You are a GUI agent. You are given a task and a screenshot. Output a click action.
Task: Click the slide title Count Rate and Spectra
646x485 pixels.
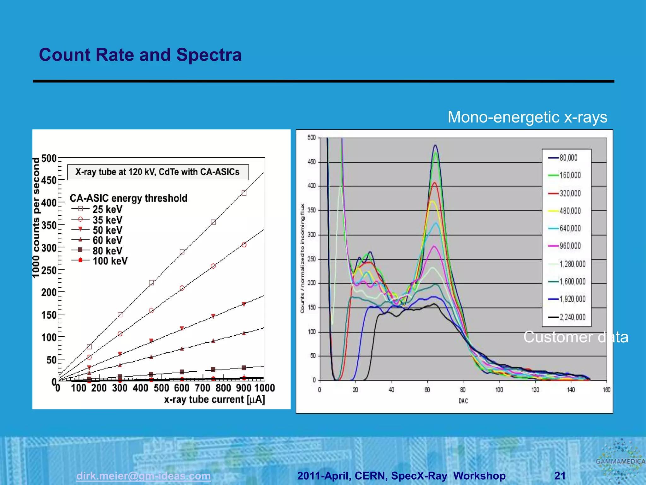(x=140, y=55)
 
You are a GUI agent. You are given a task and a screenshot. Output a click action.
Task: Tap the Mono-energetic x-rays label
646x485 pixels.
(x=527, y=117)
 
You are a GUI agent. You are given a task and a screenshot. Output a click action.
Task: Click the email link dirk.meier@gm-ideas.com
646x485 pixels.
(x=143, y=476)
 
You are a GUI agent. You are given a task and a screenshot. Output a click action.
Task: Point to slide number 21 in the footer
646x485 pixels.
(x=560, y=476)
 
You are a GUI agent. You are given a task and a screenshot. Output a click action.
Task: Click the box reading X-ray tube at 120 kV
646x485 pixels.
(x=158, y=172)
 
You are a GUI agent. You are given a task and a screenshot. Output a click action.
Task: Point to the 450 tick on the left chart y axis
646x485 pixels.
(x=49, y=180)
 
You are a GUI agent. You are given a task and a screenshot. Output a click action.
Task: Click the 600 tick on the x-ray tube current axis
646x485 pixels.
(x=182, y=388)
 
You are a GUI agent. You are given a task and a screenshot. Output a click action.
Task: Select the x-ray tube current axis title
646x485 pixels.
(x=214, y=400)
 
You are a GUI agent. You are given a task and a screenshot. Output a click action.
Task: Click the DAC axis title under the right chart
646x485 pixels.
(x=463, y=401)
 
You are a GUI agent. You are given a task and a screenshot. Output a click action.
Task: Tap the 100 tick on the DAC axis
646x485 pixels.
(x=499, y=390)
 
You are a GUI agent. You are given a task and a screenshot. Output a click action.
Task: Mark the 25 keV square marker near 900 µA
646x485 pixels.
(x=244, y=193)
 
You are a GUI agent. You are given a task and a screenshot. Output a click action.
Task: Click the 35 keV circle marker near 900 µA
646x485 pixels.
(x=244, y=245)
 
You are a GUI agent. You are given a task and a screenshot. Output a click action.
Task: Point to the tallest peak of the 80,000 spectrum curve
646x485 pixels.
(x=436, y=146)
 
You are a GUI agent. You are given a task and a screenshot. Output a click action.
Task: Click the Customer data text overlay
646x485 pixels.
(x=576, y=337)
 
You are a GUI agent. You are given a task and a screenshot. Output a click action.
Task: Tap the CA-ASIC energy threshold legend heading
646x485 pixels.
(x=128, y=198)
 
